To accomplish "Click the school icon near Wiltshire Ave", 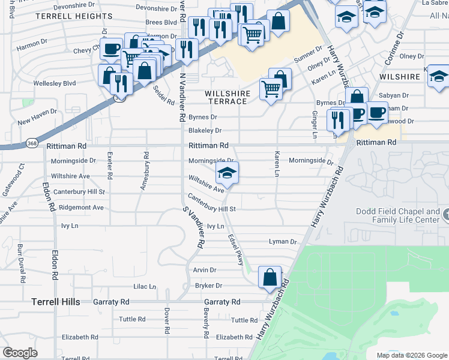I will pos(227,173).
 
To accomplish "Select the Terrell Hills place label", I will pos(56,302).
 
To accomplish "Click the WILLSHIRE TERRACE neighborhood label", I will pos(226,97).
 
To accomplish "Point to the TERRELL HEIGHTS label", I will pos(74,16).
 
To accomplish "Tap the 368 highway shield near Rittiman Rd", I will pos(32,143).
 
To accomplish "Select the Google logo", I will pos(20,353).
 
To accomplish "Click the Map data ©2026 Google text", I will pos(412,355).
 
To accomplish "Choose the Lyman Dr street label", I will pos(283,242).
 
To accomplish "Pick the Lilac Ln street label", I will pos(144,287).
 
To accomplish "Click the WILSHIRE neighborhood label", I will pos(399,77).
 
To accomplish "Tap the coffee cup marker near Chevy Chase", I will pos(111,49).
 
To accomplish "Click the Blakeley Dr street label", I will pos(205,130).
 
